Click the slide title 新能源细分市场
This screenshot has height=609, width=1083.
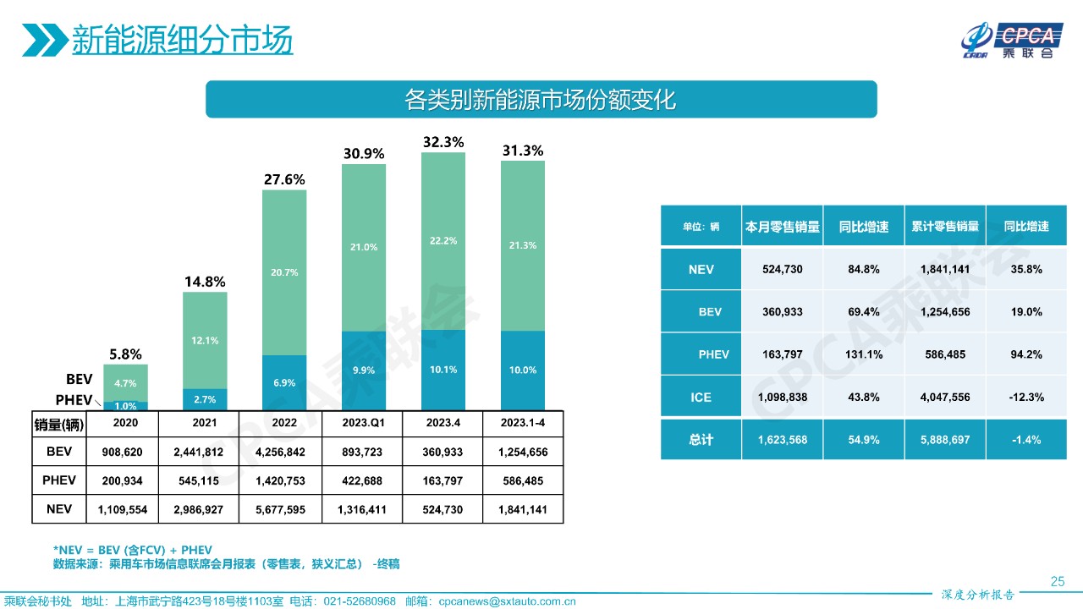(181, 40)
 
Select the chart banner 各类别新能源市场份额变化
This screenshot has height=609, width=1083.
(541, 100)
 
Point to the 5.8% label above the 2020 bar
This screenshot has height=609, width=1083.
(125, 354)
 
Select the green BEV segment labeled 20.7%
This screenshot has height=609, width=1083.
(284, 272)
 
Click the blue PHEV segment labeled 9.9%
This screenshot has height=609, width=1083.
(363, 370)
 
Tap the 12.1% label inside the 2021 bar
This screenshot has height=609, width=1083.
(205, 340)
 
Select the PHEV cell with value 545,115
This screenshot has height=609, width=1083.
(205, 480)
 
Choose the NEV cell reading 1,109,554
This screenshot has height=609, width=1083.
(125, 509)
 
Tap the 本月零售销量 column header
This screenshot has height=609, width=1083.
(782, 227)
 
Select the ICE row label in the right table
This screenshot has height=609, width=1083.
(701, 396)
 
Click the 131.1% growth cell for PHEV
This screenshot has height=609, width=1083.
(862, 354)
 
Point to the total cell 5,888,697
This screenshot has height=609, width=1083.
(945, 440)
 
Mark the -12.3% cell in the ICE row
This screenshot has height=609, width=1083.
(1025, 396)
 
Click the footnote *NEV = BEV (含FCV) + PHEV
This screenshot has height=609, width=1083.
(132, 549)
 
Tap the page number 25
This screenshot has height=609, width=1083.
(1057, 580)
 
